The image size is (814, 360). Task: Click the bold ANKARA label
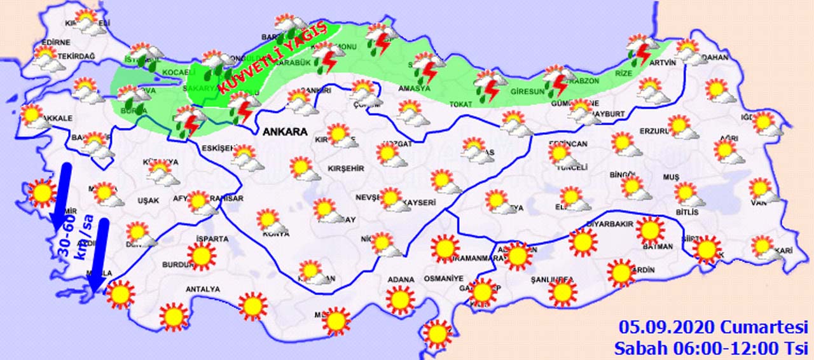284,132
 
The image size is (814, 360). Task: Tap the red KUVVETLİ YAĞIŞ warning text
272,58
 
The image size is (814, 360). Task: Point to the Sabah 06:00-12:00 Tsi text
710,348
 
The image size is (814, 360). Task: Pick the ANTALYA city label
202,289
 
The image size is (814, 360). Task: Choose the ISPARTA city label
212,239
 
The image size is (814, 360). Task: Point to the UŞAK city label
148,201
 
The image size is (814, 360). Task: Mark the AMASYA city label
415,88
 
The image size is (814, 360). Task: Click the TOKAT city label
462,104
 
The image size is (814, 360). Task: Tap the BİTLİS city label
687,212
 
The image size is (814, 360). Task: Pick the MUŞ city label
672,176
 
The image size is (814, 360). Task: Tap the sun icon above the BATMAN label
650,230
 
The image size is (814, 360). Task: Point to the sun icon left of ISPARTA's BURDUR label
202,256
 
